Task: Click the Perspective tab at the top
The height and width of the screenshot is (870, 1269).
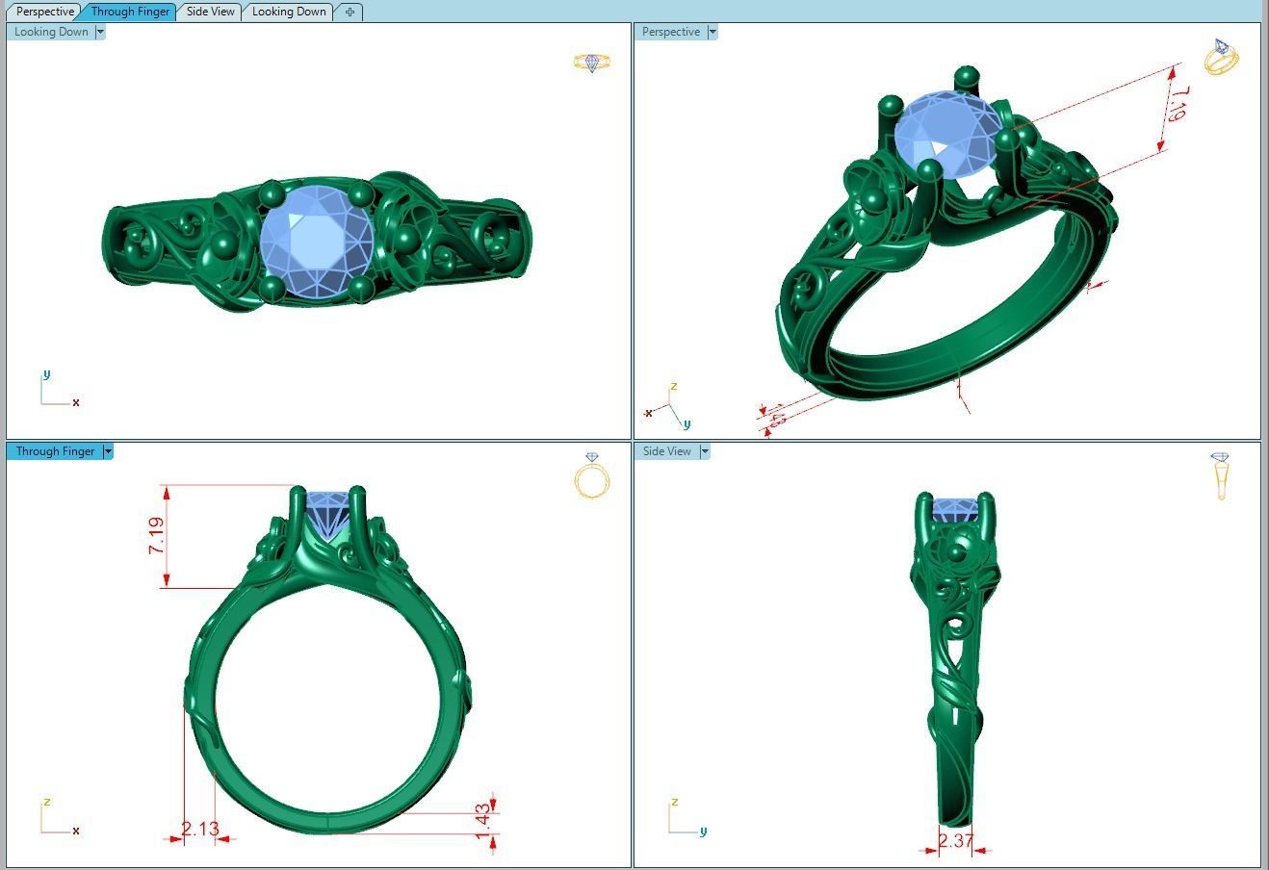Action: [45, 12]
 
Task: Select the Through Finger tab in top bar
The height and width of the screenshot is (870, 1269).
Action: [130, 12]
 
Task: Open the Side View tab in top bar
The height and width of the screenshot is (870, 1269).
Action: [210, 12]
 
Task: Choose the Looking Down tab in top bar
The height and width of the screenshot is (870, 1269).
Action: [289, 12]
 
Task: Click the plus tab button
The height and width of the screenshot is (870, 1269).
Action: [350, 12]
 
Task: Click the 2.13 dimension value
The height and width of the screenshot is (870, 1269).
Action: [200, 829]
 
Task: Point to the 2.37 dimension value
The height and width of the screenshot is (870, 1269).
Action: [955, 841]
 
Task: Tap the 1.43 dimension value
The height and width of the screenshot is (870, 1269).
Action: [483, 821]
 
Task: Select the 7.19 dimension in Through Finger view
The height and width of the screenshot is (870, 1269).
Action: [156, 536]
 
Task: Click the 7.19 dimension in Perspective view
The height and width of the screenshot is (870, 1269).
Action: [1176, 103]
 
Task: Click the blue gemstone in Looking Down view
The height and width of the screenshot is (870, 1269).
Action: [316, 240]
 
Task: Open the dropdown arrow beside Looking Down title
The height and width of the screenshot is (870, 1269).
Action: [100, 32]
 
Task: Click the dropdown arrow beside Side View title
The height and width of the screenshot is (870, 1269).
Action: [705, 451]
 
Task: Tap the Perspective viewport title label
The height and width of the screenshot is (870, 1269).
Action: [670, 32]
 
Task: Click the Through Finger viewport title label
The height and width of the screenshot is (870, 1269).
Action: [55, 451]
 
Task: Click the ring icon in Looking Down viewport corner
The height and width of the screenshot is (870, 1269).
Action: [592, 63]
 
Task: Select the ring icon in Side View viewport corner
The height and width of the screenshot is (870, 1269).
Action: [1220, 475]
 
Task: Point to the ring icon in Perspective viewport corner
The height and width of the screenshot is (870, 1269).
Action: [1221, 58]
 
